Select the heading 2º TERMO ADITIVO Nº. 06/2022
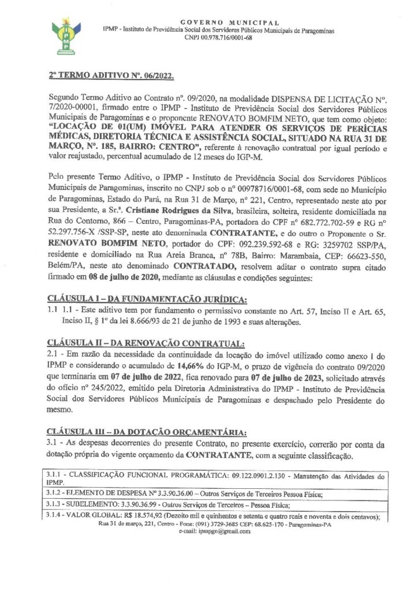pyautogui.click(x=110, y=76)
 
